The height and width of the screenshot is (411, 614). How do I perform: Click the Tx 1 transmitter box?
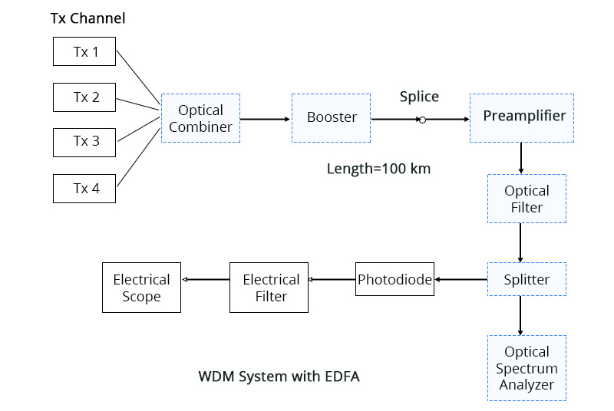(84, 53)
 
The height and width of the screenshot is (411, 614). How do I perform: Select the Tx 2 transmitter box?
(84, 97)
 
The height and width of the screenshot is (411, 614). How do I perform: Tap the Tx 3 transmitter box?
(84, 142)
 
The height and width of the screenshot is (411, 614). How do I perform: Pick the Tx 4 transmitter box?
(84, 188)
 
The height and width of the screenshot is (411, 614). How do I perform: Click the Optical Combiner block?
(200, 118)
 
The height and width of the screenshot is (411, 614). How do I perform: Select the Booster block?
(331, 118)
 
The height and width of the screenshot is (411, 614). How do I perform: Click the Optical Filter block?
(527, 199)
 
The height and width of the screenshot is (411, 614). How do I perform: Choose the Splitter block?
(527, 279)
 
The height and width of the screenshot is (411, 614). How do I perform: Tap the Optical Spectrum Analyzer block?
(527, 367)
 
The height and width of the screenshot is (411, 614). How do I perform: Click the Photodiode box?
(394, 279)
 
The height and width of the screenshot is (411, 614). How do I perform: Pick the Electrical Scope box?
(141, 288)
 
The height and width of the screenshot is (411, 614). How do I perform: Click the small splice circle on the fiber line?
(421, 120)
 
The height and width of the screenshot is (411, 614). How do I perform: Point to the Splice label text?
(419, 97)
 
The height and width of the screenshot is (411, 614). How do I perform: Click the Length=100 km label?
(378, 169)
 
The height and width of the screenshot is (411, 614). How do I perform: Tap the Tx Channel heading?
(87, 18)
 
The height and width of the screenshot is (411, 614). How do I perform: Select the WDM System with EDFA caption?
(279, 376)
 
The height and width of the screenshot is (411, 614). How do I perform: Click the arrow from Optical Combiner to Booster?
(266, 119)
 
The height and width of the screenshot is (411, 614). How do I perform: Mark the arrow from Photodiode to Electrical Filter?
(332, 280)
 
